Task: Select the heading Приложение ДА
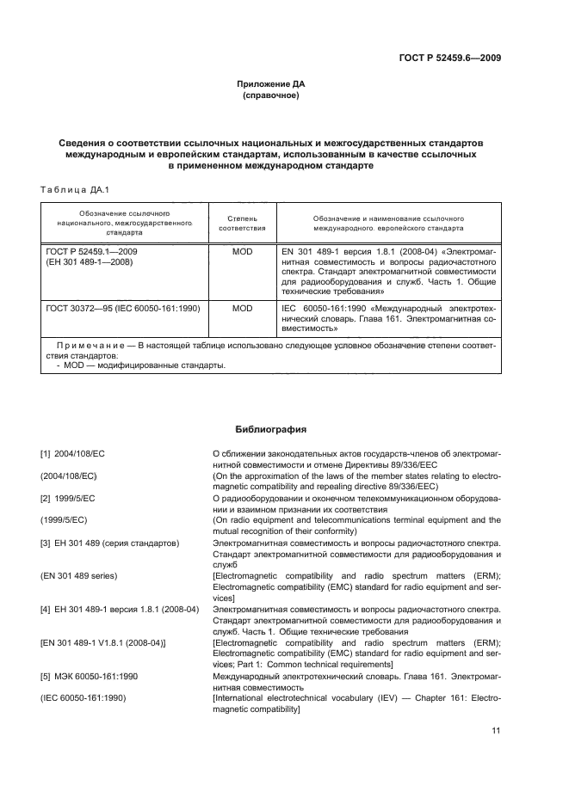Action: coord(271,84)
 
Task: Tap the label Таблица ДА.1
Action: coord(71,189)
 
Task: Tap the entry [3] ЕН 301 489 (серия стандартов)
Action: coord(109,543)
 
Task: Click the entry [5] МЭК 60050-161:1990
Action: coord(101,675)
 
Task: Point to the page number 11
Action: coord(496,731)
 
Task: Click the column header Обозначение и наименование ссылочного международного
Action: coord(388,224)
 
